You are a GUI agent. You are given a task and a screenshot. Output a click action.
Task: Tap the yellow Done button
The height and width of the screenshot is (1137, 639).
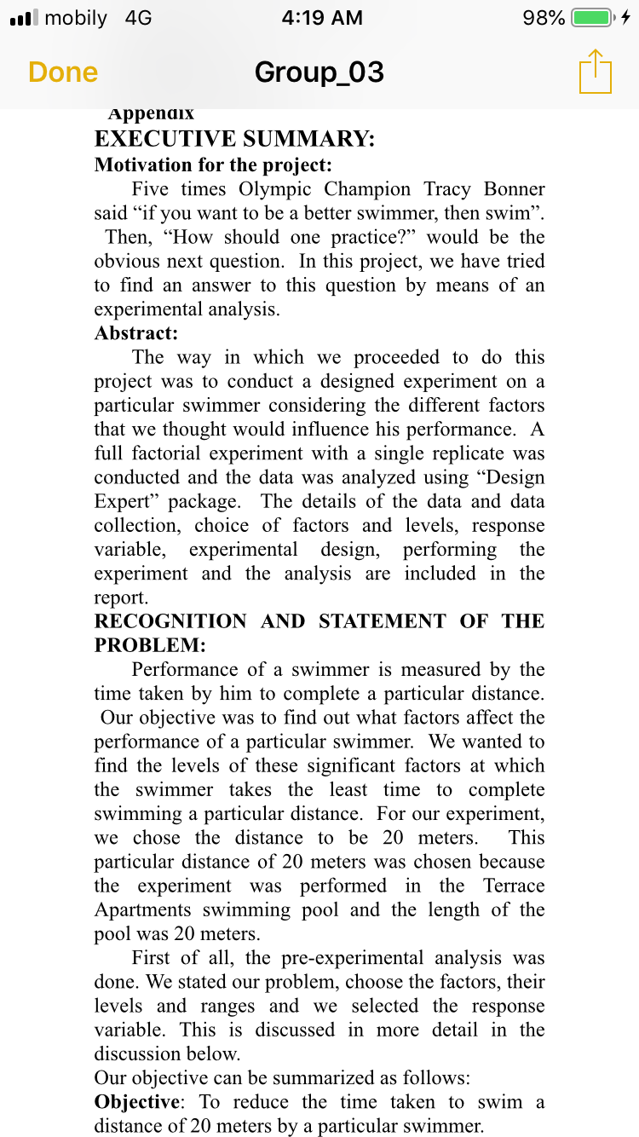(63, 72)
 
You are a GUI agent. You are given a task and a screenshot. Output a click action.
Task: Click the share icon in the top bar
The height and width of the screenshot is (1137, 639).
(596, 72)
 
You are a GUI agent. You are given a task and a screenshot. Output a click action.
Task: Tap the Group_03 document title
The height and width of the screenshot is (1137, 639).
(319, 72)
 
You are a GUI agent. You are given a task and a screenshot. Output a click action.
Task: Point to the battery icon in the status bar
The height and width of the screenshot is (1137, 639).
(594, 18)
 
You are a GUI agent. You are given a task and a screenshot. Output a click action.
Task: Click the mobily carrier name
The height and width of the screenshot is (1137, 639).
(76, 18)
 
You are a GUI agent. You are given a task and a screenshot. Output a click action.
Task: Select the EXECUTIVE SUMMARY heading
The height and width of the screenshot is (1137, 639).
(234, 139)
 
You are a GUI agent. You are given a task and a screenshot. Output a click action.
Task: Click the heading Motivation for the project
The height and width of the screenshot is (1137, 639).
(213, 164)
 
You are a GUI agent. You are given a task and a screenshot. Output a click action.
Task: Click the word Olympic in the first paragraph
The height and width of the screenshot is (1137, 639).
(275, 188)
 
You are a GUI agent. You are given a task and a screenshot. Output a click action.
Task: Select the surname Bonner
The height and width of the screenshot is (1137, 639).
(514, 188)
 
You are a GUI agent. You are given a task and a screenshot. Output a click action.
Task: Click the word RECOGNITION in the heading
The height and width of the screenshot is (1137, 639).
(170, 620)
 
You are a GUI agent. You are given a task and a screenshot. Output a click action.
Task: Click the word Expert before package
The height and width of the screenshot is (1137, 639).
(124, 501)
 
